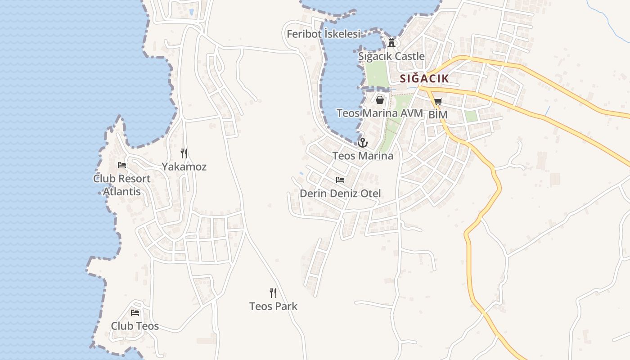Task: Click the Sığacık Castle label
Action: (x=391, y=56)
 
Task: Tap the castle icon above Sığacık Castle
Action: (x=391, y=43)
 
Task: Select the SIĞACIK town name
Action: (x=424, y=79)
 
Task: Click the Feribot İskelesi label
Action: (x=324, y=34)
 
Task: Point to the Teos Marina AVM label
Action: (x=380, y=113)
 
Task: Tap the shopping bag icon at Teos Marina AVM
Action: (x=380, y=100)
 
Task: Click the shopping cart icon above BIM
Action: (x=438, y=102)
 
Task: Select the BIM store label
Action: (x=438, y=115)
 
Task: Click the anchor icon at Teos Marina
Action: (x=363, y=143)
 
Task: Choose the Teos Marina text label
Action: (x=363, y=156)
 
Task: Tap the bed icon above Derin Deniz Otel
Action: (x=340, y=180)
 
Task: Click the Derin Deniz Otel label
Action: (x=340, y=193)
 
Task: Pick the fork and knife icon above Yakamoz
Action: (x=184, y=153)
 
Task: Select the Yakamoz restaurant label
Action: (x=184, y=167)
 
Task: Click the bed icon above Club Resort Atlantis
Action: (x=122, y=165)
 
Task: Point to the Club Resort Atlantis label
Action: (x=122, y=185)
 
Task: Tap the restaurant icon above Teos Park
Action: (x=273, y=293)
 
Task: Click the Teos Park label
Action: (x=273, y=306)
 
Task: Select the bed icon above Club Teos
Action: (x=135, y=313)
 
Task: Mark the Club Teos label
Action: (x=135, y=326)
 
